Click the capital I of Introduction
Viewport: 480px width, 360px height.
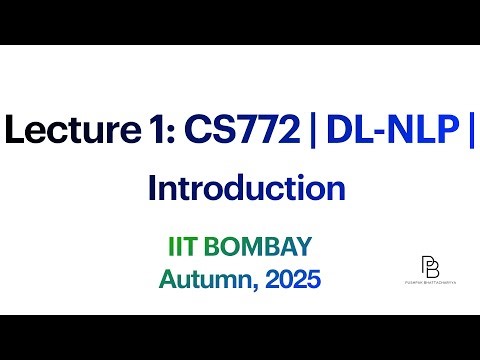click(151, 188)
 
